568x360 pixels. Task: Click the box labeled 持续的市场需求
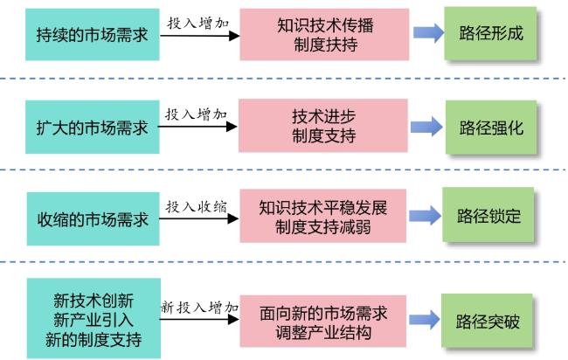click(x=93, y=34)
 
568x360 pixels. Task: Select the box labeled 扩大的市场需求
click(x=93, y=127)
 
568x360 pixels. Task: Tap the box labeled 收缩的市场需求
click(x=94, y=218)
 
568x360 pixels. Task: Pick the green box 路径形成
click(x=490, y=33)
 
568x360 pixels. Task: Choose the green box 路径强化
click(x=491, y=128)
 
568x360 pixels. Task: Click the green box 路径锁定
click(x=488, y=215)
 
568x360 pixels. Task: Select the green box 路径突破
click(x=488, y=321)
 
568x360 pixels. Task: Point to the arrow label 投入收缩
click(x=197, y=207)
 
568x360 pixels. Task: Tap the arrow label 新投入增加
click(x=199, y=307)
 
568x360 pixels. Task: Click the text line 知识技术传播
click(x=325, y=25)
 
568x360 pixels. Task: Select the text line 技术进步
click(x=323, y=116)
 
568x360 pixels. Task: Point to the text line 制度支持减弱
click(x=322, y=227)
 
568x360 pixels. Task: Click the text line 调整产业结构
click(x=323, y=332)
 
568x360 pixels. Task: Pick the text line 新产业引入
click(x=94, y=320)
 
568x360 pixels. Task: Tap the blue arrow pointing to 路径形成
click(x=428, y=33)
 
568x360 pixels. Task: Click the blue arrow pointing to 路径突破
click(x=425, y=320)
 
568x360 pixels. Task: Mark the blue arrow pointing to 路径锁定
click(x=425, y=216)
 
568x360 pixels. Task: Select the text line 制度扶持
click(x=325, y=45)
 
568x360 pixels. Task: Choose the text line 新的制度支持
click(x=94, y=340)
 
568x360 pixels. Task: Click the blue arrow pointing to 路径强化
click(x=426, y=127)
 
